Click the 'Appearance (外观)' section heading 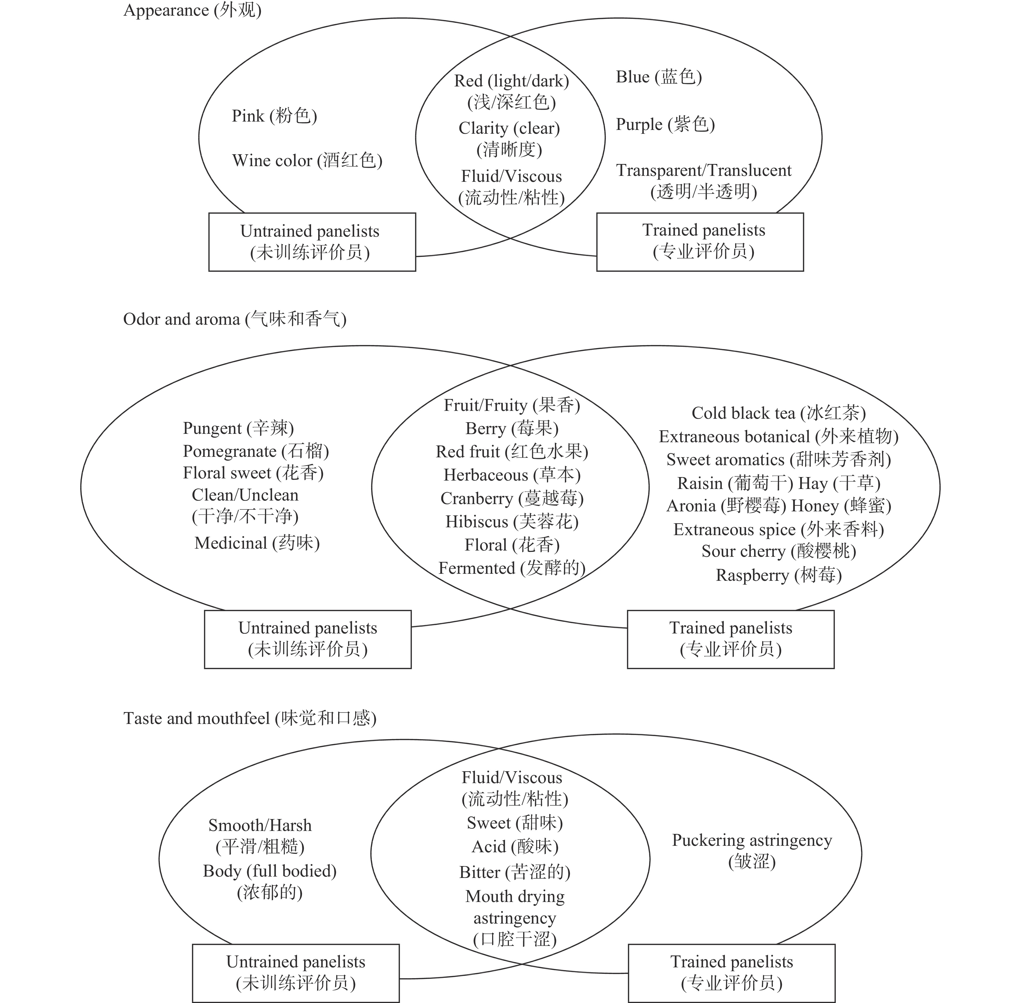(x=192, y=11)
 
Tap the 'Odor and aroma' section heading (x=234, y=319)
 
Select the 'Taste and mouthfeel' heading (x=250, y=719)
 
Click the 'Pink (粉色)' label (x=274, y=116)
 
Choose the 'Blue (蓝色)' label (x=659, y=77)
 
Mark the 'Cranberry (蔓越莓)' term (x=512, y=498)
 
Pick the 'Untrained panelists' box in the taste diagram (x=295, y=972)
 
